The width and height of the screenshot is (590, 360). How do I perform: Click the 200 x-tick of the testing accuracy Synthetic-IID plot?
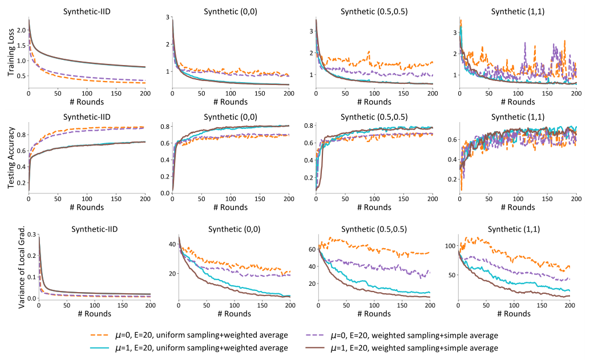tap(145, 201)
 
